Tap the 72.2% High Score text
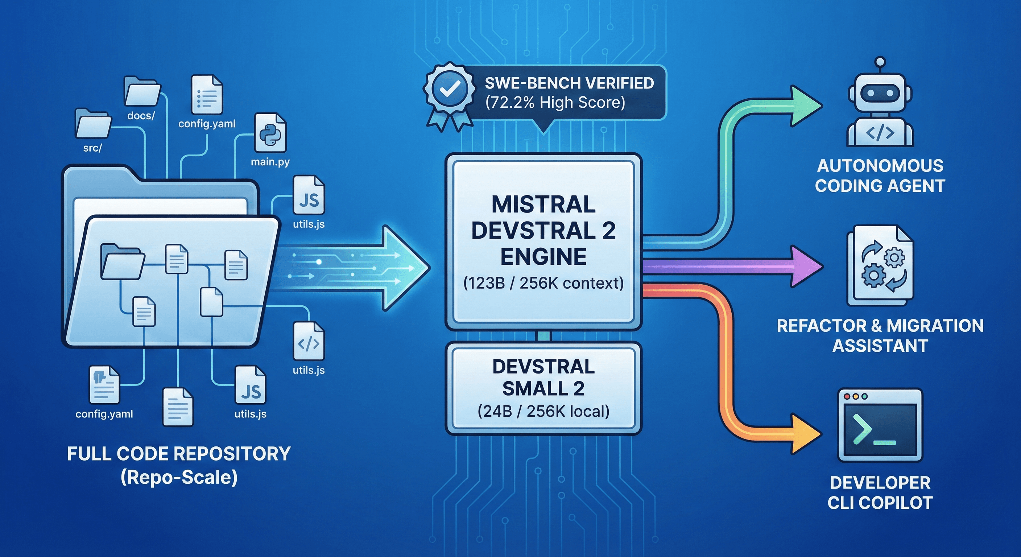[555, 103]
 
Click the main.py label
[270, 162]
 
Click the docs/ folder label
[141, 116]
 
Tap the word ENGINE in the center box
[543, 256]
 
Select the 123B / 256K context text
[543, 283]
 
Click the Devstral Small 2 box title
[543, 377]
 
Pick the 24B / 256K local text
[543, 412]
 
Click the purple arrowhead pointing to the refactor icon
[805, 266]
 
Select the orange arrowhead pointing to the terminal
[805, 433]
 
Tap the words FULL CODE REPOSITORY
[179, 454]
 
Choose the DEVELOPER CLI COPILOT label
[880, 493]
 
